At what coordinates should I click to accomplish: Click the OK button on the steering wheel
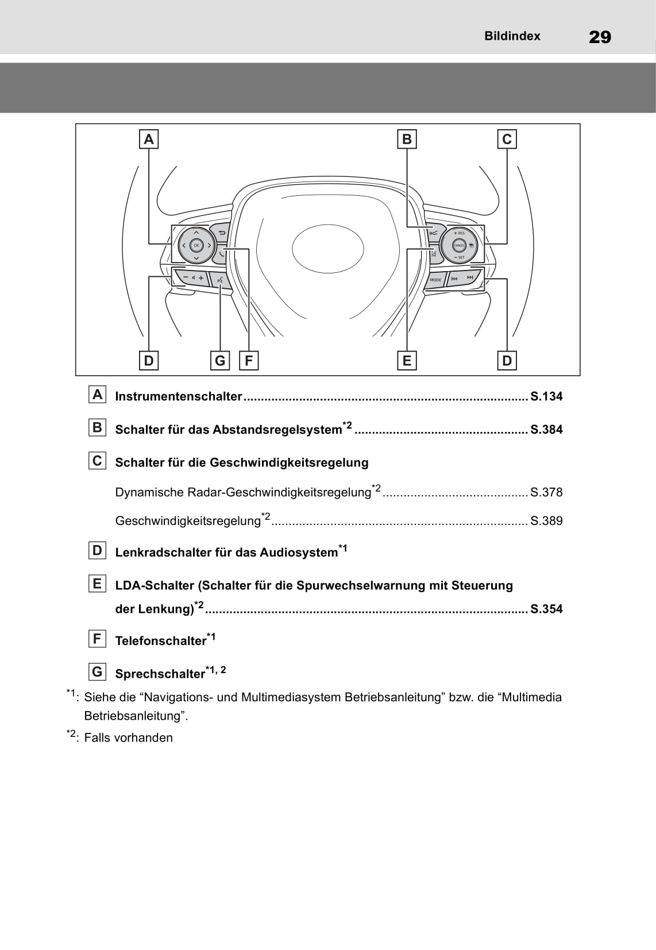click(x=196, y=245)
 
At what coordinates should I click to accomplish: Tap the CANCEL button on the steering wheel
click(x=459, y=245)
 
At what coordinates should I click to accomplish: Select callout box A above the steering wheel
click(x=149, y=139)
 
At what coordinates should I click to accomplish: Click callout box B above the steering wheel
click(x=407, y=139)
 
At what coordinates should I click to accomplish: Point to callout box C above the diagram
click(x=507, y=139)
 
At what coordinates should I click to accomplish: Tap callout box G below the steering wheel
click(x=220, y=361)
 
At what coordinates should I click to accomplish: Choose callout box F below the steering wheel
click(x=249, y=361)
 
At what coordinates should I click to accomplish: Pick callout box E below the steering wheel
click(x=407, y=361)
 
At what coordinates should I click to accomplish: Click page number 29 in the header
click(x=600, y=37)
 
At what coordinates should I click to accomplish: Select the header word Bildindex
click(x=512, y=36)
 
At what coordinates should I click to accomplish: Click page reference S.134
click(x=546, y=396)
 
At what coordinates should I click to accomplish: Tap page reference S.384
click(x=546, y=430)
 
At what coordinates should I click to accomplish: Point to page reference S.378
click(x=546, y=492)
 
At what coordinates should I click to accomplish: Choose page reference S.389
click(x=546, y=521)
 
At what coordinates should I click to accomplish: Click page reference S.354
click(x=546, y=609)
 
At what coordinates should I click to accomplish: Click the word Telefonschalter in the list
click(x=160, y=641)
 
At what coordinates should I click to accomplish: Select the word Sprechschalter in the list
click(x=160, y=674)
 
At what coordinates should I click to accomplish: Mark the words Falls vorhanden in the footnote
click(x=128, y=738)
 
